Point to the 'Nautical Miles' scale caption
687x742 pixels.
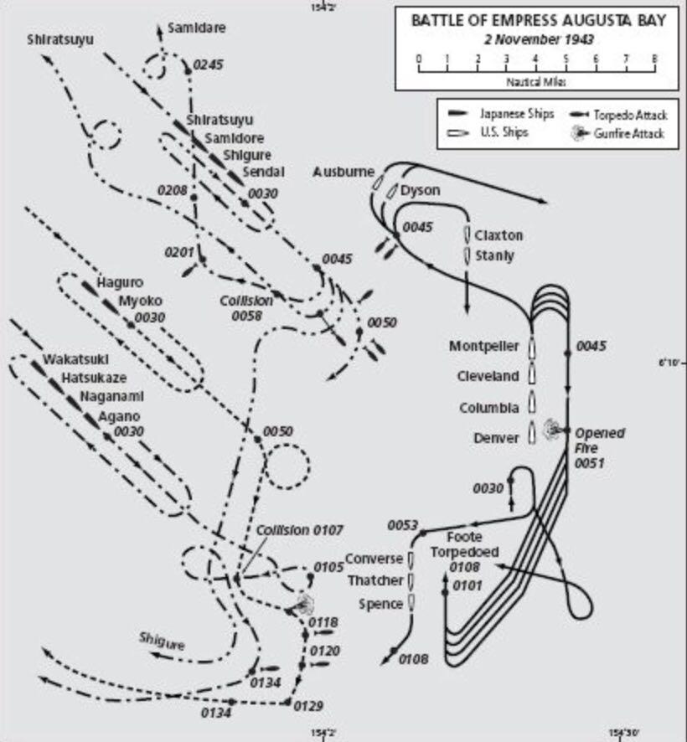point(536,82)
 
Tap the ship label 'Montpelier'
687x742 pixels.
point(483,346)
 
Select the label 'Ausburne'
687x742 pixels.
point(343,172)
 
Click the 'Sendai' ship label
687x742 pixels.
point(264,172)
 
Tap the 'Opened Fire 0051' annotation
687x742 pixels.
point(600,447)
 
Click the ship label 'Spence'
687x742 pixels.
point(381,604)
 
